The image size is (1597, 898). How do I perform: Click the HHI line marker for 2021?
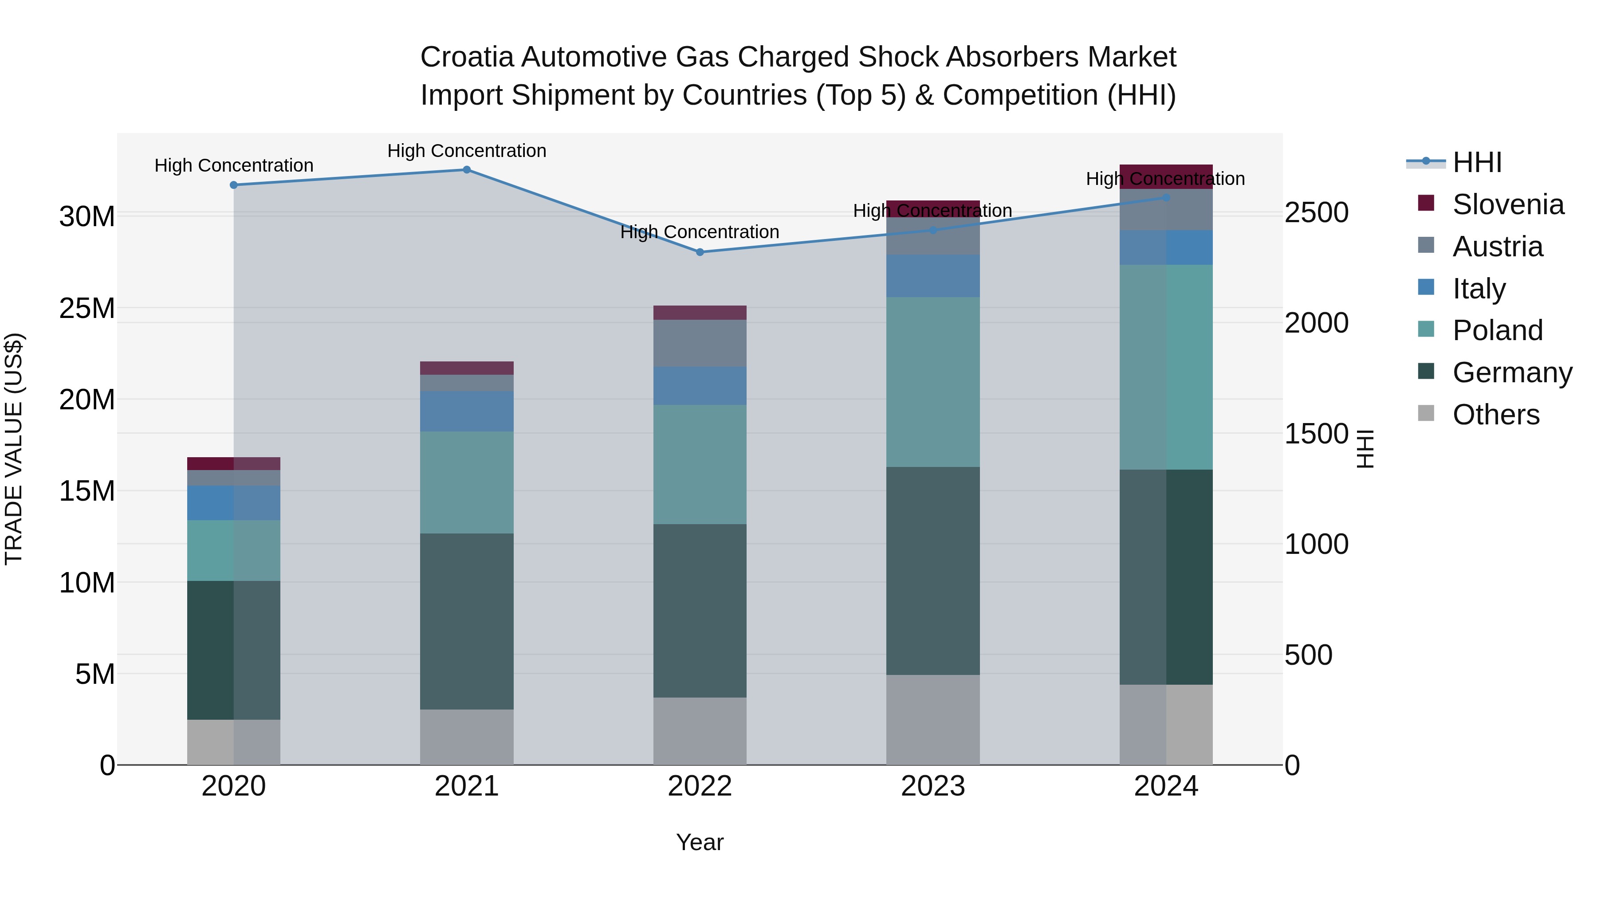[x=467, y=170]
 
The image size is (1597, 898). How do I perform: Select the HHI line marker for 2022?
[x=700, y=252]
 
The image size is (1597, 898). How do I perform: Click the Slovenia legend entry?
[x=1508, y=204]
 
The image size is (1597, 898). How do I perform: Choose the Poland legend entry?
[x=1497, y=330]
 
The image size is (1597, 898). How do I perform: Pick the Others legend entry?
[x=1495, y=415]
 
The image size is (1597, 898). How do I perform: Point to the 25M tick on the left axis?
[x=87, y=308]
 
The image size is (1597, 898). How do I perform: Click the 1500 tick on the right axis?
[x=1316, y=434]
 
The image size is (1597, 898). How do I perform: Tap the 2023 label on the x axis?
[x=932, y=786]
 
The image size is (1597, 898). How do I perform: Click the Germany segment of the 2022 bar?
[x=700, y=611]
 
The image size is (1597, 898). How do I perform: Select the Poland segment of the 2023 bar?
[x=932, y=382]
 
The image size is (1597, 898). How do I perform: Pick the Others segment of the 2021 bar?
[x=467, y=737]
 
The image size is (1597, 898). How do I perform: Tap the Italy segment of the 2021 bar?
[x=467, y=411]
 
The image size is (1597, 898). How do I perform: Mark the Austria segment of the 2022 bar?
[x=700, y=343]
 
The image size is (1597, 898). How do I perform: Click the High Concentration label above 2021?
[x=467, y=151]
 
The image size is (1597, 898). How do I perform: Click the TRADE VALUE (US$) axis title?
[x=14, y=449]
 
